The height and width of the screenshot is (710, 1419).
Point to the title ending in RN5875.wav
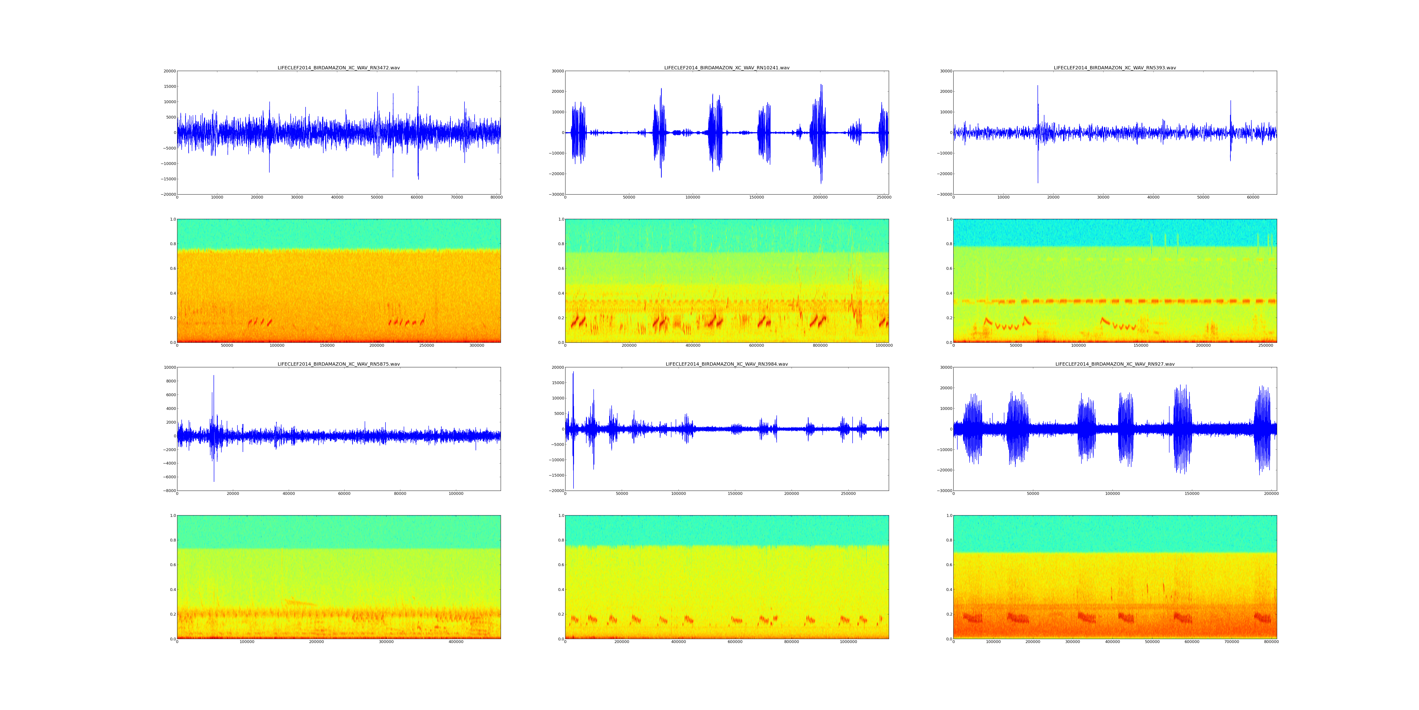(338, 364)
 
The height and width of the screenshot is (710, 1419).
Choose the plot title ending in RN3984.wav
(727, 364)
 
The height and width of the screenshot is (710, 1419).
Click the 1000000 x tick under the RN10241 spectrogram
(884, 346)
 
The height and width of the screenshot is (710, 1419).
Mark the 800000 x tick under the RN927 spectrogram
(1271, 642)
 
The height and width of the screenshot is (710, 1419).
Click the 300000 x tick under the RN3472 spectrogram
(477, 346)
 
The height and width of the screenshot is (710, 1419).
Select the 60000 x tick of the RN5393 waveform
(1253, 197)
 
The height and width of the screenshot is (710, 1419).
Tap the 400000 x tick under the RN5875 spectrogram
(455, 642)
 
